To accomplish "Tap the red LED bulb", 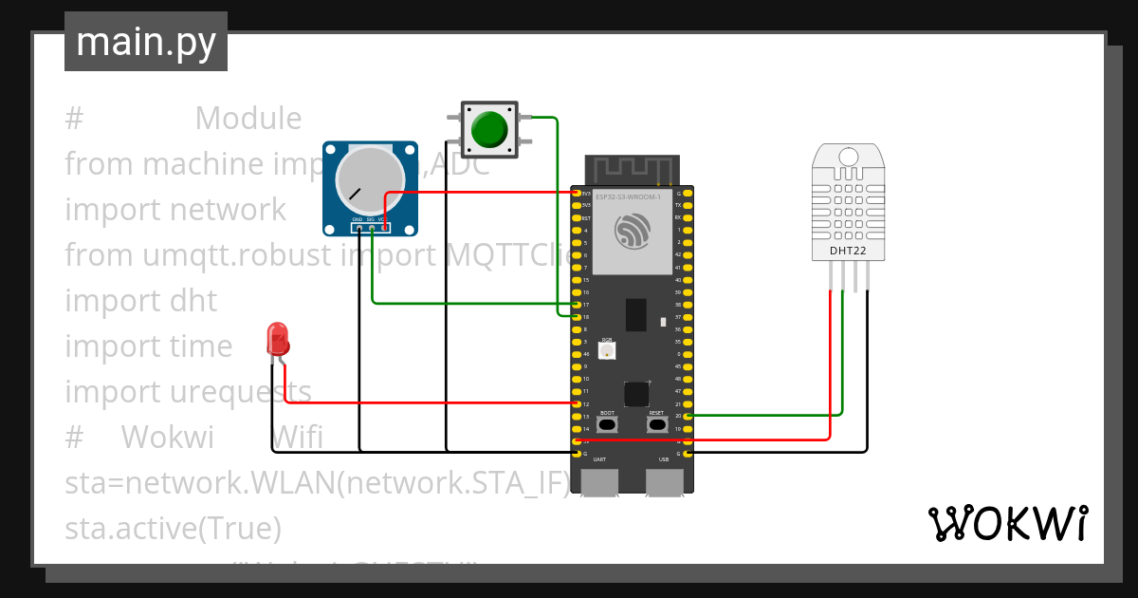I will [x=278, y=338].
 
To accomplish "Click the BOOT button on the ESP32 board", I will [x=607, y=424].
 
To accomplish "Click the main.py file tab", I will [x=146, y=42].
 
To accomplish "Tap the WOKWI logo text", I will [x=1007, y=524].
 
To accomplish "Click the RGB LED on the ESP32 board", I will [x=607, y=350].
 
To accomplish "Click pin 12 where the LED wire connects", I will [x=576, y=403].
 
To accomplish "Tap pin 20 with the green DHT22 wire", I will [x=688, y=416].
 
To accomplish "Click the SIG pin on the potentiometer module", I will [x=372, y=227].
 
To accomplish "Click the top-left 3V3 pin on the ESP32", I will [x=576, y=194].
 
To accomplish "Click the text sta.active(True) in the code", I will [x=173, y=528].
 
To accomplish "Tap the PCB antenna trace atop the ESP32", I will [x=631, y=169].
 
